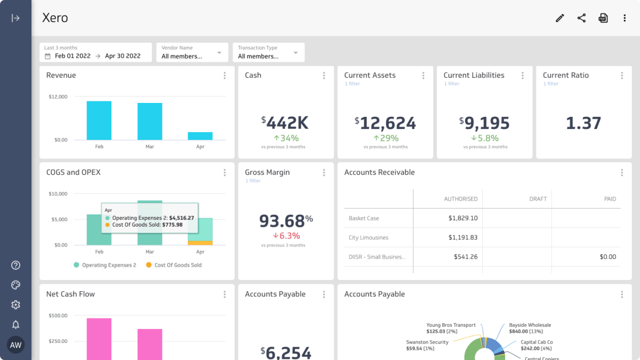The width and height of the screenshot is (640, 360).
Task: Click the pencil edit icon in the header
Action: [559, 18]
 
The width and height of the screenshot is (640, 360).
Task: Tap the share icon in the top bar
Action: [581, 18]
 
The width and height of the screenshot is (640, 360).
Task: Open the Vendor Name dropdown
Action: [192, 52]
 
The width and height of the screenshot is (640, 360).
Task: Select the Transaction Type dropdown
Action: [268, 52]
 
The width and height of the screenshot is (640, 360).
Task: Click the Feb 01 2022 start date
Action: [73, 56]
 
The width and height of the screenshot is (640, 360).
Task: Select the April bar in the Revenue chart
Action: [200, 136]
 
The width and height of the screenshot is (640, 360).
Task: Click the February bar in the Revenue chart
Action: [99, 121]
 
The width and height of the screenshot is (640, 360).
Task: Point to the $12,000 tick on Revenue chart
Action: [58, 97]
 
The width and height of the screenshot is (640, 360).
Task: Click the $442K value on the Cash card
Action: [285, 123]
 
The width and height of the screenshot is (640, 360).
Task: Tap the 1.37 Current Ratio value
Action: [583, 123]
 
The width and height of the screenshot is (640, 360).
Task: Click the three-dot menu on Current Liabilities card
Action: [523, 76]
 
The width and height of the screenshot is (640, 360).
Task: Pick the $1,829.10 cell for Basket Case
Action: [462, 218]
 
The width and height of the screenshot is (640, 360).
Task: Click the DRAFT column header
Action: [538, 199]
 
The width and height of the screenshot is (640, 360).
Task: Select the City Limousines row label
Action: [368, 237]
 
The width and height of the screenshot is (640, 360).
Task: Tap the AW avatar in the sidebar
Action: [15, 345]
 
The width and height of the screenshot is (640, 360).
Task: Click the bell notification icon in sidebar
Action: [15, 324]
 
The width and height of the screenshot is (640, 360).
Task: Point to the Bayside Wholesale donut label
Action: [530, 325]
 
